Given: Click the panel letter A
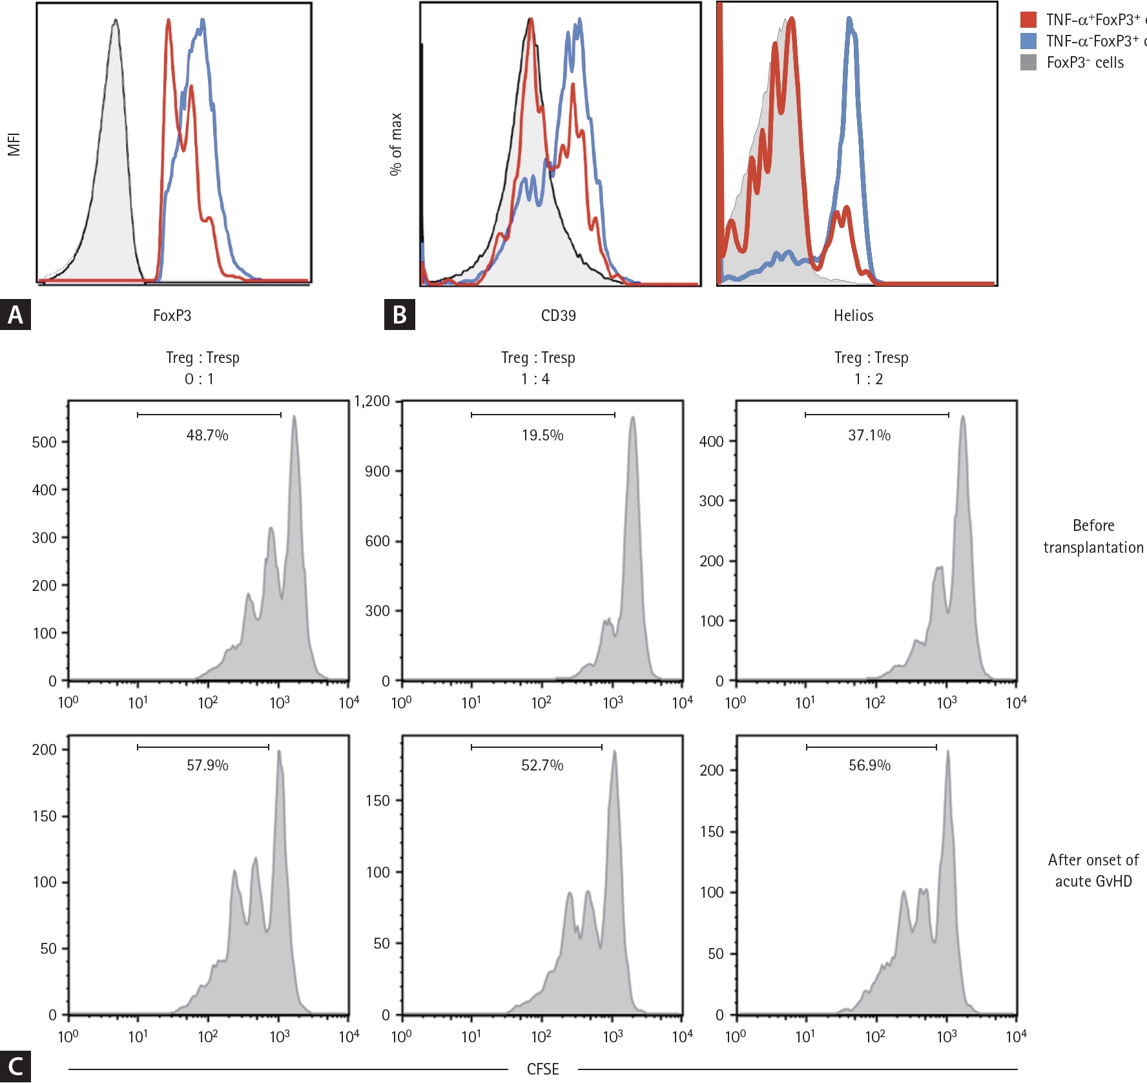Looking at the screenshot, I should click(x=15, y=315).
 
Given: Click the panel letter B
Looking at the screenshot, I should click(x=399, y=315).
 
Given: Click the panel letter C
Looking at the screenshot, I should click(x=15, y=1067).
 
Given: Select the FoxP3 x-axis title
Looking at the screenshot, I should click(x=172, y=316).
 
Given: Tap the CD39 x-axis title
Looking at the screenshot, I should click(x=558, y=316).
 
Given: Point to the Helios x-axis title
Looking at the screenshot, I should click(x=853, y=316).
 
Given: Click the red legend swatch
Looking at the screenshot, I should click(x=1028, y=20).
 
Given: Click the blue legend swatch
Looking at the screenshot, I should click(x=1028, y=41).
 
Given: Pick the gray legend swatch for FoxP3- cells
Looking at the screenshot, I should click(x=1028, y=63).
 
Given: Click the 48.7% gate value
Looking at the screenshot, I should click(x=207, y=435).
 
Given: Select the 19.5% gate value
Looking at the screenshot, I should click(x=542, y=435).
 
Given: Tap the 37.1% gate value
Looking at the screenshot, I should click(x=869, y=435).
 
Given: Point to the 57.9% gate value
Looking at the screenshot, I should click(x=207, y=765).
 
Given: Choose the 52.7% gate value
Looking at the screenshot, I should click(x=542, y=765).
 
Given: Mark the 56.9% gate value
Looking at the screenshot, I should click(x=869, y=765).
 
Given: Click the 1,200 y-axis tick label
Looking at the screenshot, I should click(x=372, y=401).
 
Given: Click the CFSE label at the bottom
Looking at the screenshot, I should click(x=542, y=1069).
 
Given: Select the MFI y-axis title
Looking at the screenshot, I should click(x=14, y=144).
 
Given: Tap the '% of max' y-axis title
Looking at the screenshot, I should click(x=395, y=144).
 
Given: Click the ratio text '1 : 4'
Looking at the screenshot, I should click(x=535, y=379).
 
